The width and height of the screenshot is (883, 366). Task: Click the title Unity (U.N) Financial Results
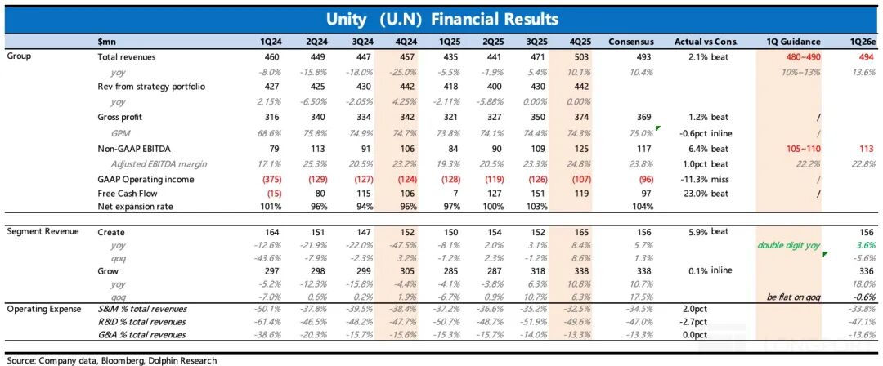pos(441,18)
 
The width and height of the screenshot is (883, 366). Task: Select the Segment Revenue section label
pos(43,232)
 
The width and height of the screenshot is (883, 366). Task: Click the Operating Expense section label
pos(44,308)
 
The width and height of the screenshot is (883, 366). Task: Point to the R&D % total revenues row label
pos(141,322)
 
